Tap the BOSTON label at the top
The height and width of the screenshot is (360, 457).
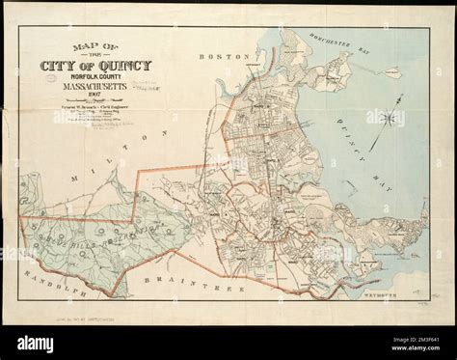[x=217, y=57]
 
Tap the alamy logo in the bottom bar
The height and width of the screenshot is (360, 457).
[x=39, y=341]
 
